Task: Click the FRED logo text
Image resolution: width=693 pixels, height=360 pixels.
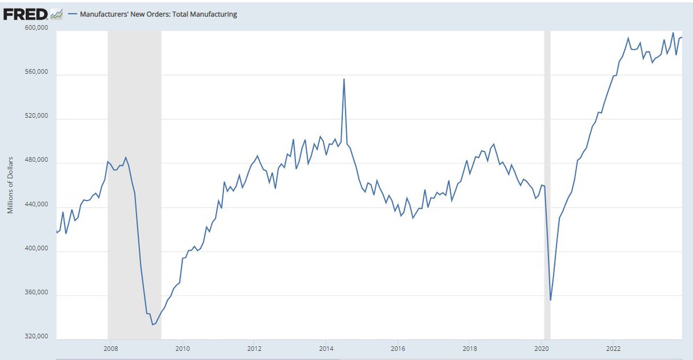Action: (x=26, y=14)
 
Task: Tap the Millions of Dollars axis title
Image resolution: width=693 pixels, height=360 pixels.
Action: (x=10, y=184)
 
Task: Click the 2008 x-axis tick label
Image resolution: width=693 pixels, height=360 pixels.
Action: (x=110, y=348)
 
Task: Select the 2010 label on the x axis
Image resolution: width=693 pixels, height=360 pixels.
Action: (x=182, y=348)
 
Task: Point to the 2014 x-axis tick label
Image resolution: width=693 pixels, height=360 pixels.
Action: (x=326, y=348)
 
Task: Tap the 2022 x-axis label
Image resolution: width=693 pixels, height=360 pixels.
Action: (x=613, y=348)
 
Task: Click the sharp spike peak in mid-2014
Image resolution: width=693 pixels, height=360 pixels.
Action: (x=344, y=79)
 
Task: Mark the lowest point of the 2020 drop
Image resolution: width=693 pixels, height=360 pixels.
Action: (x=550, y=300)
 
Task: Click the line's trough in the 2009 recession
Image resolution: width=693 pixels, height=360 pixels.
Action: (x=152, y=325)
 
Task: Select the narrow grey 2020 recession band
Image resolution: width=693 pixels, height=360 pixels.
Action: (x=547, y=173)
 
